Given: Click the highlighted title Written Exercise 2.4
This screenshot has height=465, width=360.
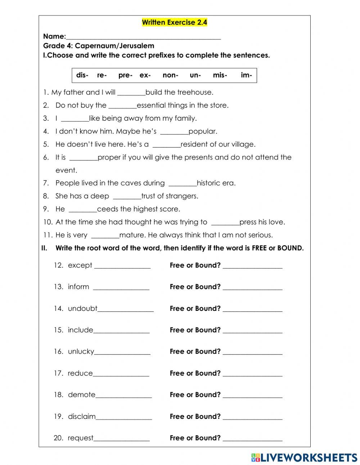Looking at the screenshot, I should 175,22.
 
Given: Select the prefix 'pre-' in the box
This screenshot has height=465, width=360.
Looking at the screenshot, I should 125,75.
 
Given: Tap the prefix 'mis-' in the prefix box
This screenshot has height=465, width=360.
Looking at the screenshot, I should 220,75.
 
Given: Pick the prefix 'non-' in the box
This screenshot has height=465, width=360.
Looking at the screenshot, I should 170,75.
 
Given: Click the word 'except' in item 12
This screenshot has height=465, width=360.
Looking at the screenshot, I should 80,265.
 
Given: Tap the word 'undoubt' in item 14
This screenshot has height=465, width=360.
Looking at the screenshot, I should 82,308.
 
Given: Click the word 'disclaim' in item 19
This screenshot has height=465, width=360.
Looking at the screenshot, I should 82,416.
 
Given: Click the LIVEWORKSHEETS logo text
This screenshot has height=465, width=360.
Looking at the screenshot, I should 309,457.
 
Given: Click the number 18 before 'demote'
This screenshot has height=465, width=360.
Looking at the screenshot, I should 58,395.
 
